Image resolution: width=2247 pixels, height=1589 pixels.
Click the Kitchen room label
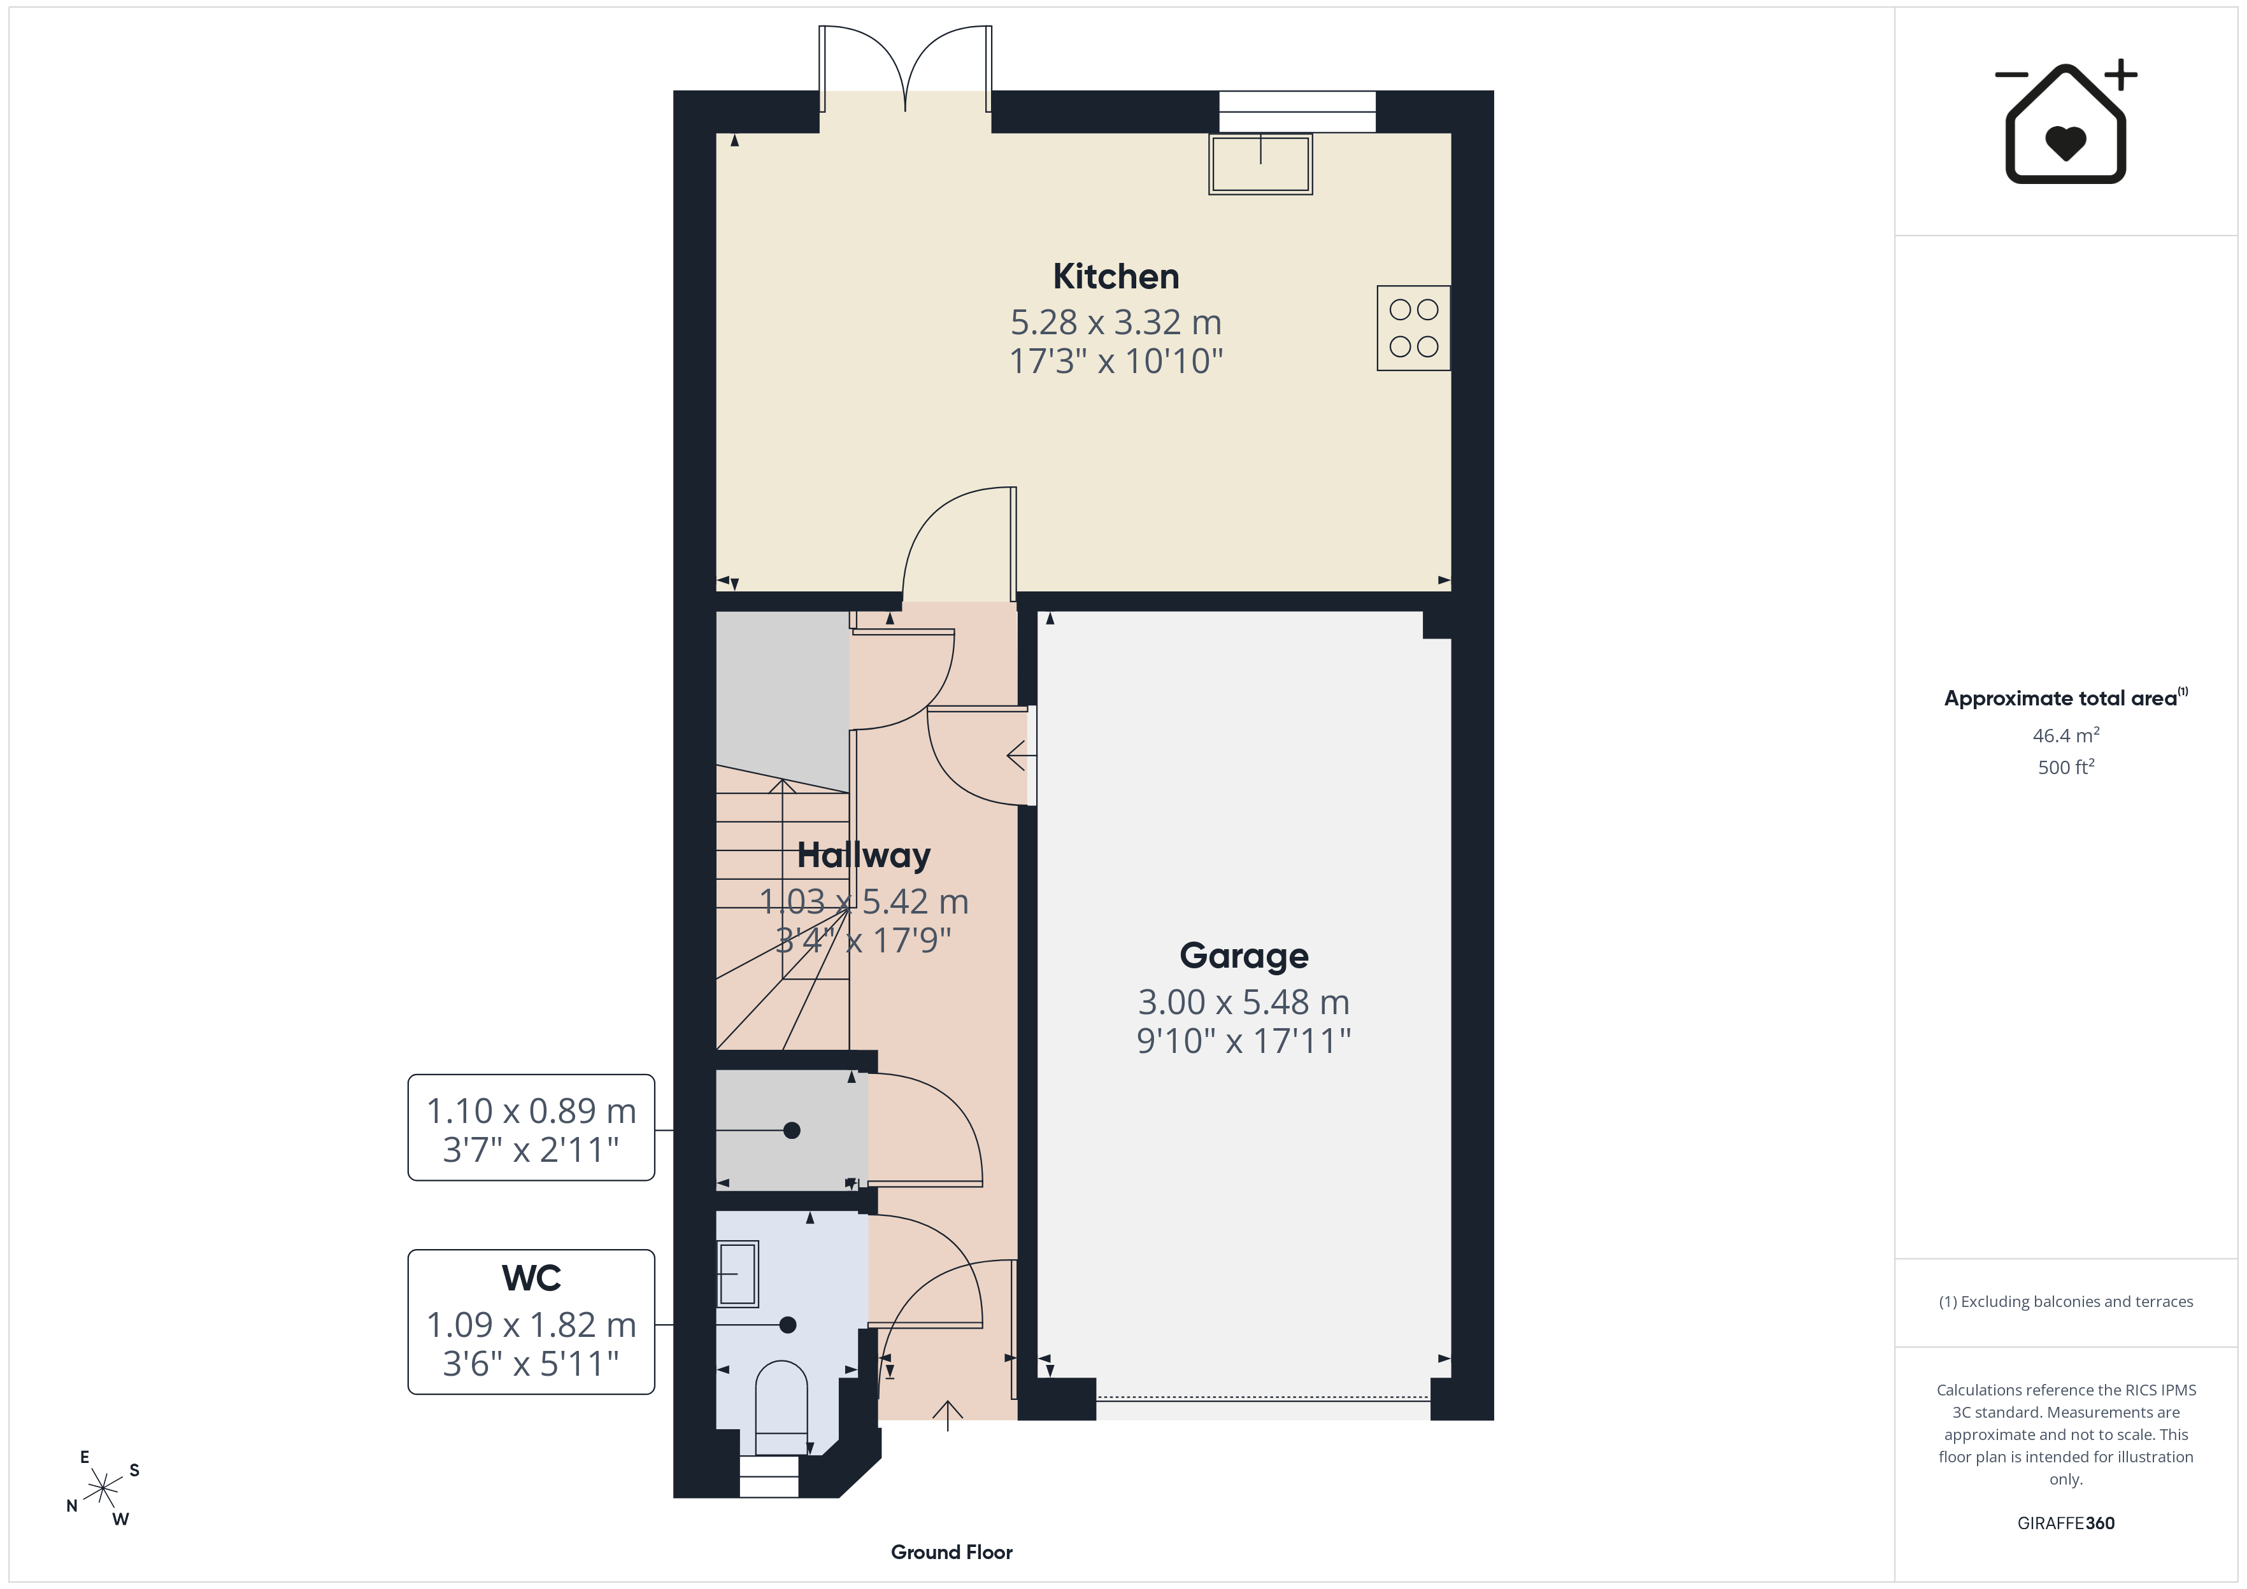click(1116, 277)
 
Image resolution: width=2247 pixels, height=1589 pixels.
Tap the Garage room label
click(1244, 956)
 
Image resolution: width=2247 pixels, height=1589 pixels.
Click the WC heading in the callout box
click(531, 1278)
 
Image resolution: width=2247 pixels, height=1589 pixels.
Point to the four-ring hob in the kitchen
click(1413, 328)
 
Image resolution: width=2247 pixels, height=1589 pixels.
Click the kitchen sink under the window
click(1260, 164)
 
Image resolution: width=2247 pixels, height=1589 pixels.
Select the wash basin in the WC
click(738, 1274)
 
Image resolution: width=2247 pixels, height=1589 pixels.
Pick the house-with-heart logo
click(2066, 122)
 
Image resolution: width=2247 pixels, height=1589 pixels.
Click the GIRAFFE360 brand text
click(2066, 1523)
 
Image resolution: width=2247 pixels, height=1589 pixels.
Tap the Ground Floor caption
click(952, 1552)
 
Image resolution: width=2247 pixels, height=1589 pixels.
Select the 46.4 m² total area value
click(2066, 735)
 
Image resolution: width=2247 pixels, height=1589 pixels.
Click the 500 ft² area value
click(2066, 767)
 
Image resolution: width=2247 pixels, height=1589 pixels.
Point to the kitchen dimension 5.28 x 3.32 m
click(1116, 322)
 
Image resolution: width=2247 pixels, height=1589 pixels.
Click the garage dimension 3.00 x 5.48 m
click(1244, 1002)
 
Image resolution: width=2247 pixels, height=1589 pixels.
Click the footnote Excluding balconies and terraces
click(2066, 1301)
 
